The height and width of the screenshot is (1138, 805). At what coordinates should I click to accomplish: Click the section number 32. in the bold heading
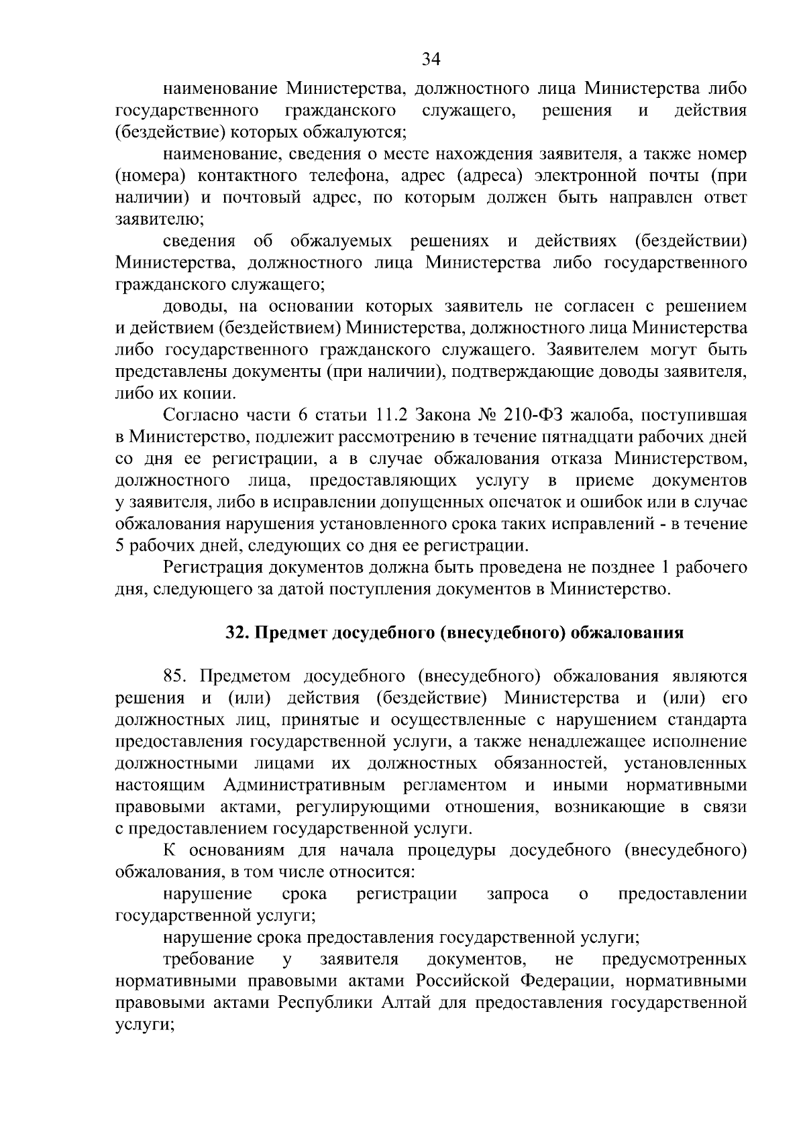[236, 632]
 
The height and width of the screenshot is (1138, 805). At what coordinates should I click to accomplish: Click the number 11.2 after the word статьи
[428, 416]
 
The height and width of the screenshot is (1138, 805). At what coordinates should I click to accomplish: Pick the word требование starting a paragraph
[208, 959]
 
